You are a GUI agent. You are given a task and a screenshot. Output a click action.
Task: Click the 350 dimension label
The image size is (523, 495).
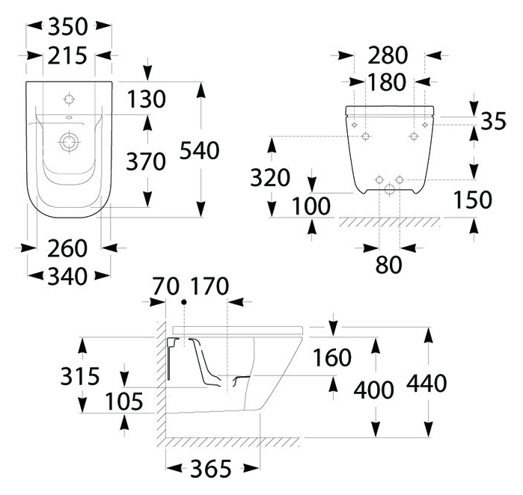(x=69, y=27)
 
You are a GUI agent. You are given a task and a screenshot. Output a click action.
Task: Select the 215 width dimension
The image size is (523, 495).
(x=69, y=55)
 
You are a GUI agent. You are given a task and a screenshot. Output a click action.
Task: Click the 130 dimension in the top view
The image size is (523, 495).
(x=146, y=99)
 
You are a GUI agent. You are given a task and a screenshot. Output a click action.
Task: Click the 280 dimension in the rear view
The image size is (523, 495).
(x=388, y=55)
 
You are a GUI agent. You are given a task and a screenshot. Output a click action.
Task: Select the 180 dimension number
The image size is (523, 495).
(x=388, y=82)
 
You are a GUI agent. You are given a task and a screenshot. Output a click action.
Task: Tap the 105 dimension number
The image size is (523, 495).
(x=123, y=402)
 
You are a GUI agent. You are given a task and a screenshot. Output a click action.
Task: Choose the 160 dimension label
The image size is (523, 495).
(x=331, y=358)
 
